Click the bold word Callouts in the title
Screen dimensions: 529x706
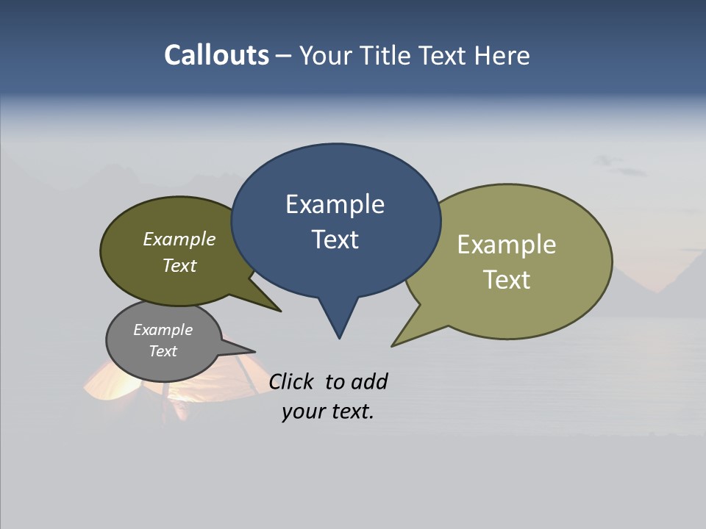tap(216, 55)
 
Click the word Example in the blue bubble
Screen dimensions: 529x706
tap(335, 204)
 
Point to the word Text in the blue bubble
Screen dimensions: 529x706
tap(335, 240)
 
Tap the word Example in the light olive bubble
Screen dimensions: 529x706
tap(506, 245)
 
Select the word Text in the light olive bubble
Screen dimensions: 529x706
tap(507, 280)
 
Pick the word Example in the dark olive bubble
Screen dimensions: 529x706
tap(179, 240)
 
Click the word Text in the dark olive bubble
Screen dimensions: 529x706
tap(179, 266)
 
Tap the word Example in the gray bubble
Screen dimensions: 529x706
tap(163, 331)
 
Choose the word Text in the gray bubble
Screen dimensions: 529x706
tap(163, 351)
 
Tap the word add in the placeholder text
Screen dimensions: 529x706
tap(368, 381)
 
